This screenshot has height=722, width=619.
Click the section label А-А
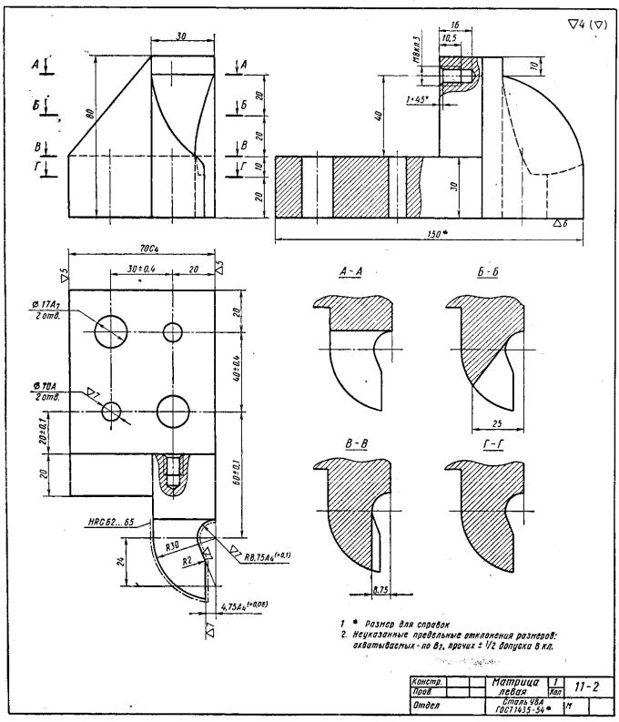(x=350, y=272)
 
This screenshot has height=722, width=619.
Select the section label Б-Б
(x=486, y=272)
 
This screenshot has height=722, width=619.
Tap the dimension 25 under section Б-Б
(x=495, y=424)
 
